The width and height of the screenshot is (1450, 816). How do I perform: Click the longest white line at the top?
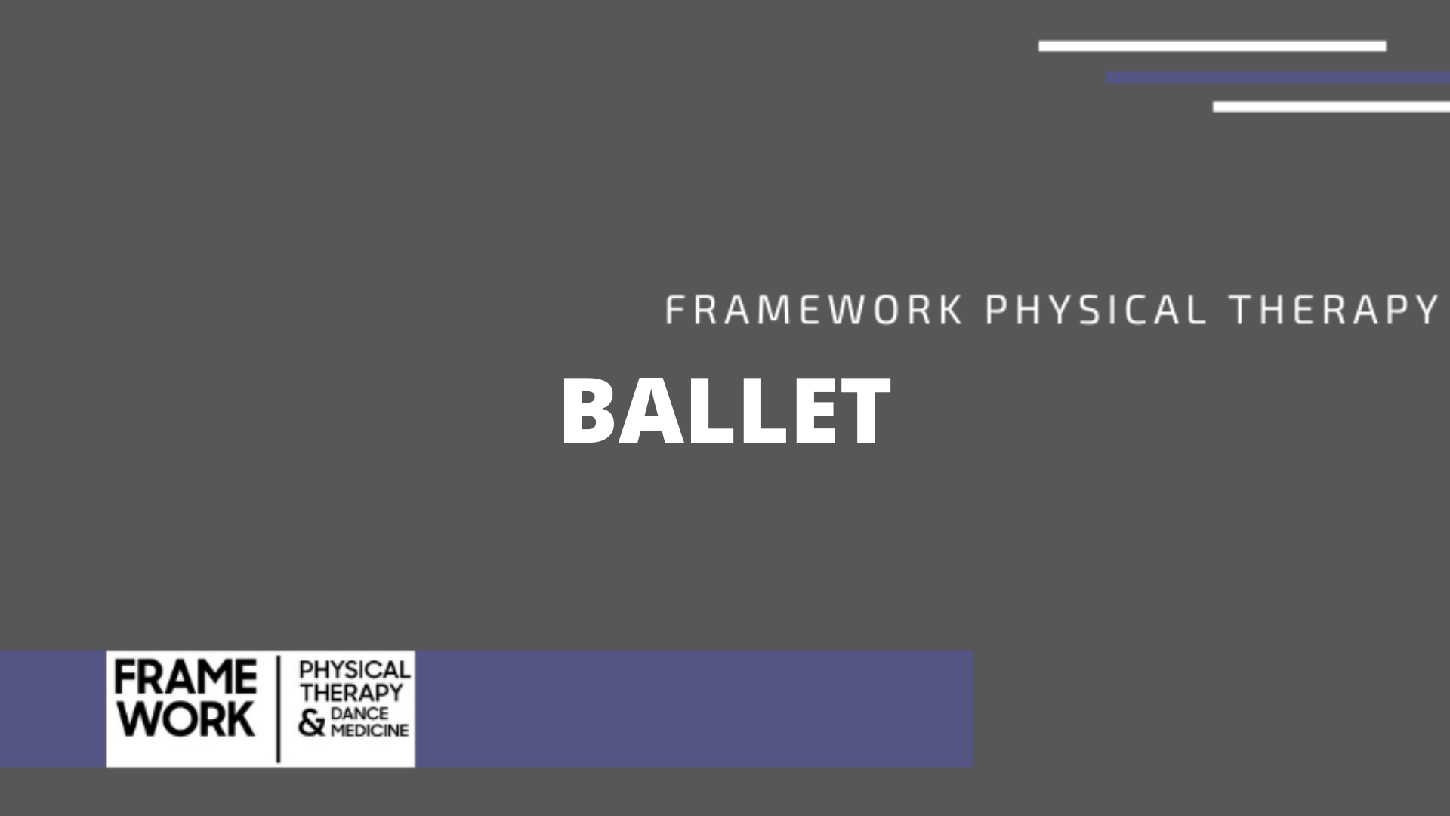pyautogui.click(x=1211, y=46)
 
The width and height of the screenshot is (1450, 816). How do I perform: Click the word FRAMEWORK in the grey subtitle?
pyautogui.click(x=814, y=310)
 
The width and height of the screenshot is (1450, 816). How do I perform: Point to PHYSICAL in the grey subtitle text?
pyautogui.click(x=1096, y=310)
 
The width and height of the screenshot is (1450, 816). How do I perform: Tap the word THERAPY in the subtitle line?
pyautogui.click(x=1334, y=310)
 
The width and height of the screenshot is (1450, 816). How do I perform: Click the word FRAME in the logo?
pyautogui.click(x=186, y=677)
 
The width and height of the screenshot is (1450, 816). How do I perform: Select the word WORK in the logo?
pyautogui.click(x=186, y=719)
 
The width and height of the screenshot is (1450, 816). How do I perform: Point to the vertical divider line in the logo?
pyautogui.click(x=279, y=709)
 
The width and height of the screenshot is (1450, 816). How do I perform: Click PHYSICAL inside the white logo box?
pyautogui.click(x=355, y=670)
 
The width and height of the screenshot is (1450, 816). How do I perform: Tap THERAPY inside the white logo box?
pyautogui.click(x=351, y=692)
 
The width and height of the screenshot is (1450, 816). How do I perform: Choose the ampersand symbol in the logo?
pyautogui.click(x=311, y=723)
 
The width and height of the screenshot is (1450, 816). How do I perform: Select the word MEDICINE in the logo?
pyautogui.click(x=370, y=731)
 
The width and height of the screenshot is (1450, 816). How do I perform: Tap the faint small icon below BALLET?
pyautogui.click(x=865, y=541)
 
